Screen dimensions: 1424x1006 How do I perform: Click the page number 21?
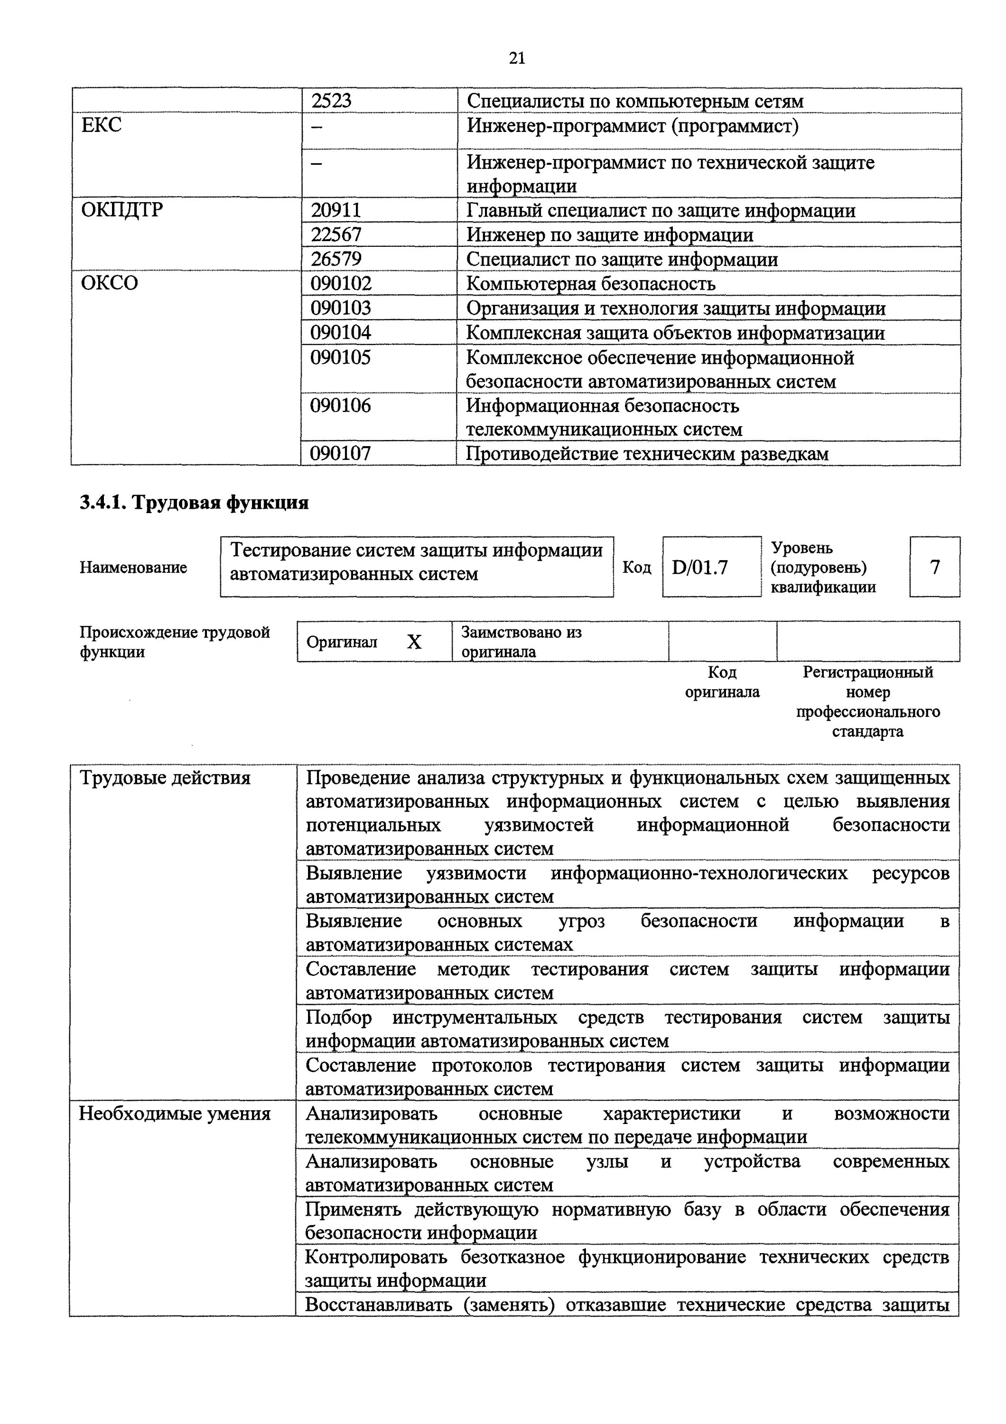coord(517,58)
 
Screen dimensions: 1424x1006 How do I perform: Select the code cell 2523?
coord(331,101)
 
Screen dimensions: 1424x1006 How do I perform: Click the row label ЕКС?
coord(102,125)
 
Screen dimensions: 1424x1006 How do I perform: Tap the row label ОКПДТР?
coord(122,210)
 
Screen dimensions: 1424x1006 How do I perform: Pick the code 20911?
coord(336,210)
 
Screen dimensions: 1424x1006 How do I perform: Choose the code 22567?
coord(336,235)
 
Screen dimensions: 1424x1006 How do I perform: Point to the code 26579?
coord(336,259)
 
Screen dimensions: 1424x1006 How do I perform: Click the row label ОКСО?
coord(109,283)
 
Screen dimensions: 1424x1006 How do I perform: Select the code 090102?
coord(341,283)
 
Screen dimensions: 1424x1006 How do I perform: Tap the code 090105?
coord(341,357)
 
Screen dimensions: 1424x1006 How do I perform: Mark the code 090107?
coord(341,453)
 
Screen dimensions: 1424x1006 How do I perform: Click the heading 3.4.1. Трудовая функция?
coord(194,502)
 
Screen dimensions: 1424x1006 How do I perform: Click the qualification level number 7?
coord(935,567)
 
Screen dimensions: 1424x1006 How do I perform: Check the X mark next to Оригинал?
coord(414,642)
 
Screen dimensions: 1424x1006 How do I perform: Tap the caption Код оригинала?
coord(722,682)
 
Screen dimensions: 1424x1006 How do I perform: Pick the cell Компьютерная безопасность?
coord(591,283)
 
